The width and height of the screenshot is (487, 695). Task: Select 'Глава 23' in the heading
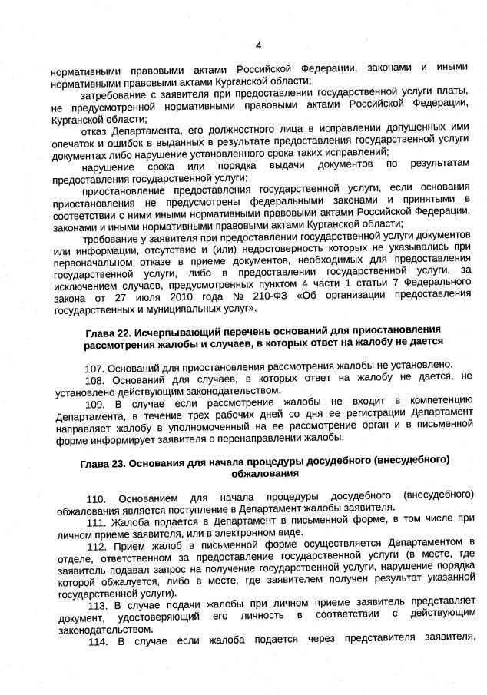102,461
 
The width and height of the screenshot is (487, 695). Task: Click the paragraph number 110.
98,495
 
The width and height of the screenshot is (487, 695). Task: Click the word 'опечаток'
75,143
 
